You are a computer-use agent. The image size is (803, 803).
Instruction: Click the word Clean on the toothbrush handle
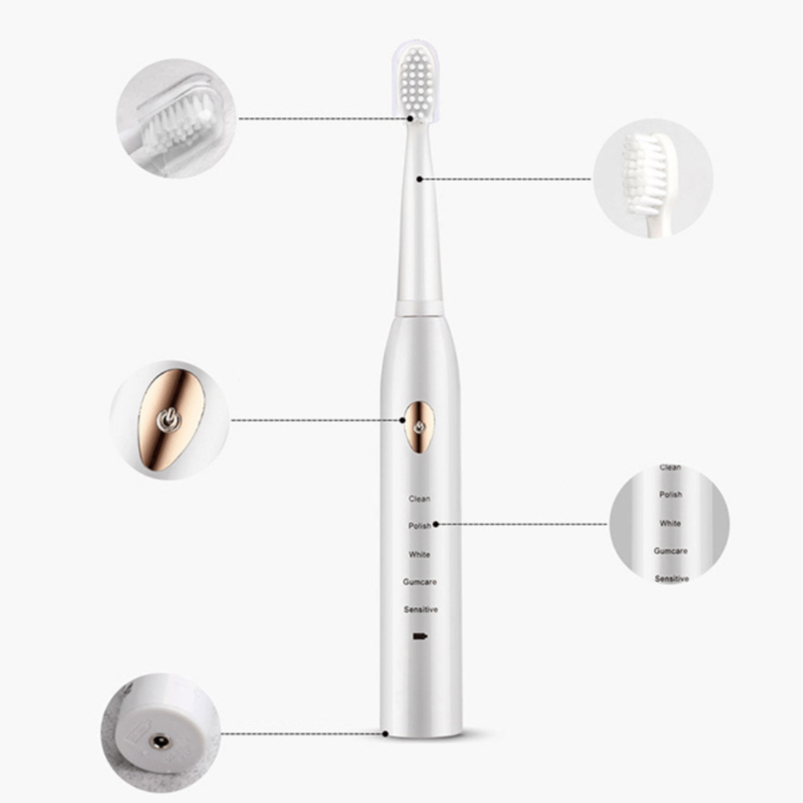tap(419, 499)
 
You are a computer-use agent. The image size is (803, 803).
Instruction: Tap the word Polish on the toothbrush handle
tap(419, 526)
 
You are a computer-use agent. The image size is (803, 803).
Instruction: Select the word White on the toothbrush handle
tap(419, 554)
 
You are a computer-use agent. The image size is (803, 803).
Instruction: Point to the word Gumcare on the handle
tap(420, 582)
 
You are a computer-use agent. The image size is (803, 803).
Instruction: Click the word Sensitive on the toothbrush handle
tap(421, 610)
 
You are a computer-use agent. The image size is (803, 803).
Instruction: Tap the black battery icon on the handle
tap(420, 637)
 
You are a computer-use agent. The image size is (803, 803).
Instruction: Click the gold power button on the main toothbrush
tap(419, 427)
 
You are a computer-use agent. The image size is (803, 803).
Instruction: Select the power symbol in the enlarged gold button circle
tap(169, 420)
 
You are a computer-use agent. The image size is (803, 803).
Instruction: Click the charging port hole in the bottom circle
tap(160, 741)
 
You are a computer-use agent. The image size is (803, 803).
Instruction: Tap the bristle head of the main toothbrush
tap(417, 83)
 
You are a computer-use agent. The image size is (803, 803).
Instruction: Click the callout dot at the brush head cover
tap(410, 119)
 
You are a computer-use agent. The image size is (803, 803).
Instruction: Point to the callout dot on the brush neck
tap(419, 178)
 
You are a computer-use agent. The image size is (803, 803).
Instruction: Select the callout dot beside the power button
tap(402, 421)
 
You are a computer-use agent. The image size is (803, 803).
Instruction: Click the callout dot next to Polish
tap(436, 525)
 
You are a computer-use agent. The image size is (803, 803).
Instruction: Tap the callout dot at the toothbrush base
tap(385, 734)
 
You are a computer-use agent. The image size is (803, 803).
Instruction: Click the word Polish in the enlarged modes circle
tap(670, 494)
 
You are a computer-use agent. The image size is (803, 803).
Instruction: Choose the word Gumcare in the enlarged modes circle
tap(670, 551)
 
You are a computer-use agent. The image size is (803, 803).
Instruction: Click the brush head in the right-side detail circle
tap(646, 173)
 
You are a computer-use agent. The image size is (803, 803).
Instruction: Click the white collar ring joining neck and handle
tap(419, 308)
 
